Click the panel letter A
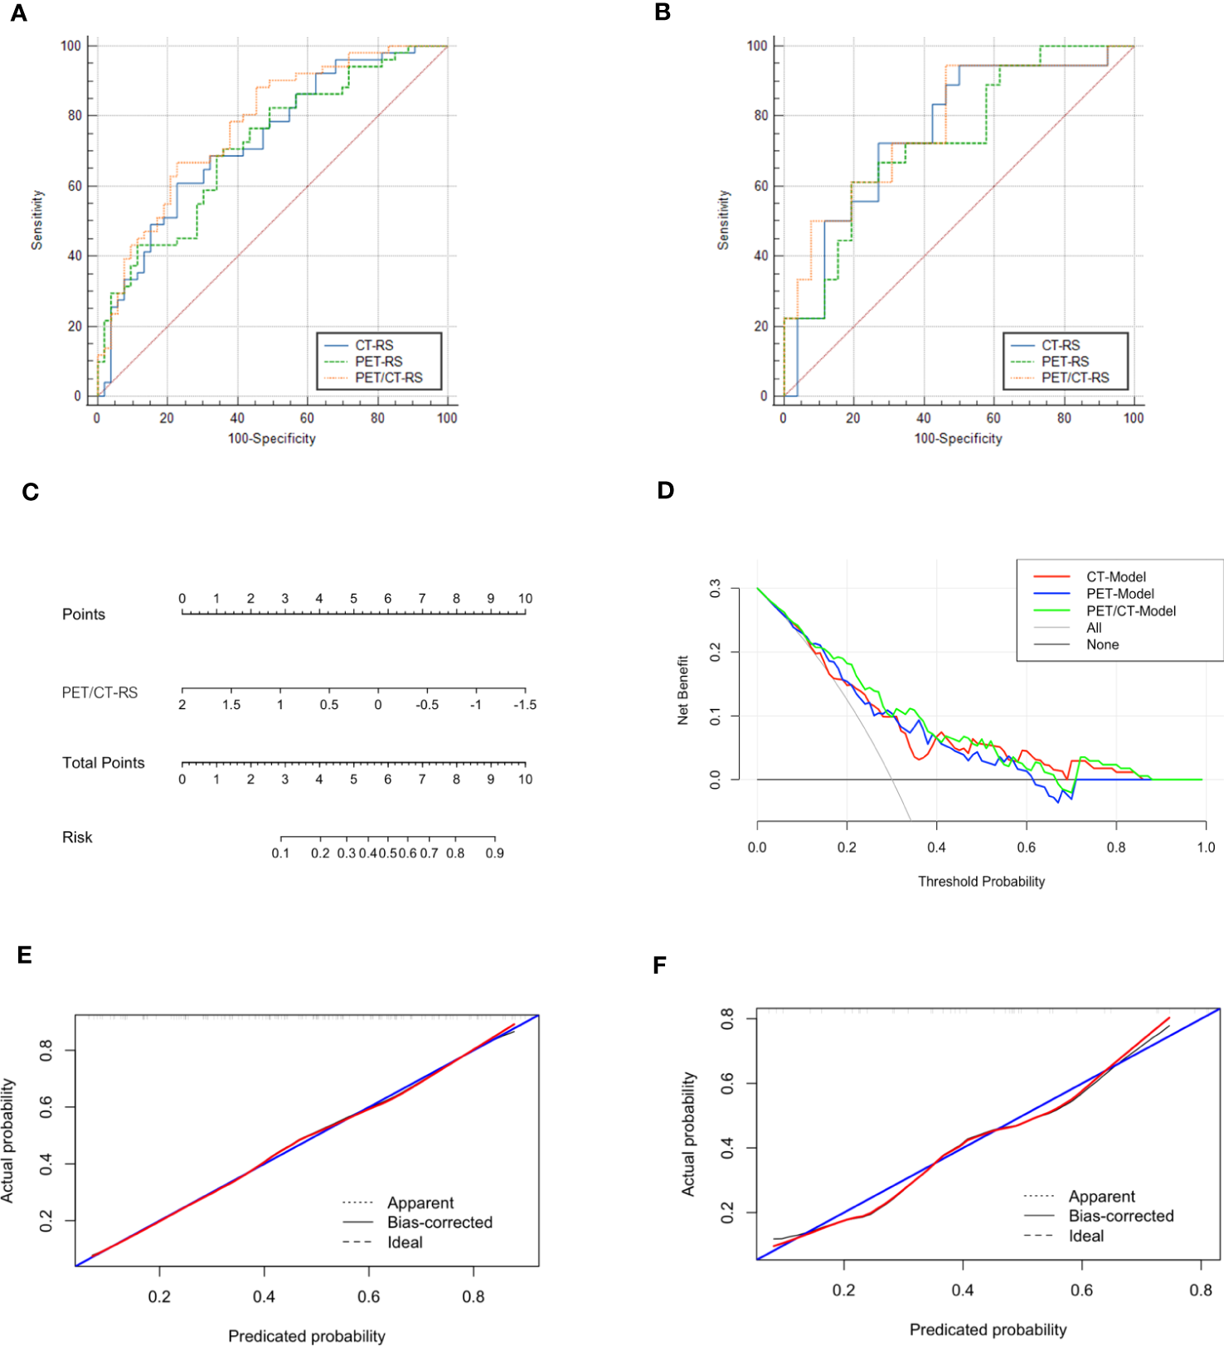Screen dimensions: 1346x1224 (19, 13)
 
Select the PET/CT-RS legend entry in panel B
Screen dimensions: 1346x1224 (1075, 378)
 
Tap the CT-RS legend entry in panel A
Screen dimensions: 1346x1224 (374, 345)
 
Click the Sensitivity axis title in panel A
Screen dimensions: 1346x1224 (37, 220)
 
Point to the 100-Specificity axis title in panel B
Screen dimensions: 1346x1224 (958, 439)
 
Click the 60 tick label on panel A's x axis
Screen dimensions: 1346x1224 (308, 419)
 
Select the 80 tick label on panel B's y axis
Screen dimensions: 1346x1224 (760, 116)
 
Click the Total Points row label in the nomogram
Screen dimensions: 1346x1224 (103, 763)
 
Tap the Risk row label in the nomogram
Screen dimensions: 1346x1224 (77, 838)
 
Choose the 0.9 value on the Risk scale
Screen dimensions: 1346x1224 (494, 853)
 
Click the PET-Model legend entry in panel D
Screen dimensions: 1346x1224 (1120, 594)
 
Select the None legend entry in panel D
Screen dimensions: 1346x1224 (1102, 645)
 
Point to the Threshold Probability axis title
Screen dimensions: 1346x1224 (981, 882)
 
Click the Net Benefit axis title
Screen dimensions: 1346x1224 (683, 690)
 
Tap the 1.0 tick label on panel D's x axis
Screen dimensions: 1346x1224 (1205, 848)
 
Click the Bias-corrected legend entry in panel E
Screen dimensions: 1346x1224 (440, 1222)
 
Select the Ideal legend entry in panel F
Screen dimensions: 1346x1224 (1086, 1236)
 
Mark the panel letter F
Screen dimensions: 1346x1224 (660, 965)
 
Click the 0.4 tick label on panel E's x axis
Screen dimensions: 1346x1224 (264, 1297)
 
